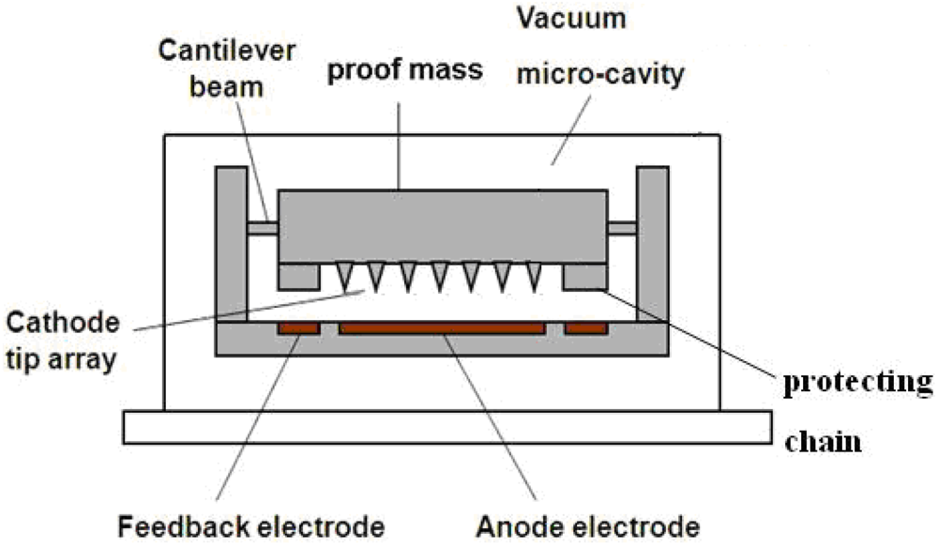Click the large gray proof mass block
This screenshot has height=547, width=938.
click(441, 225)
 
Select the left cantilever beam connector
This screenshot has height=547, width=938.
click(262, 228)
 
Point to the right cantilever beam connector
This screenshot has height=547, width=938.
click(621, 227)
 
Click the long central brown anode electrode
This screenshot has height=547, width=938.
click(442, 328)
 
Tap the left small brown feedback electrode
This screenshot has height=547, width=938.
click(299, 328)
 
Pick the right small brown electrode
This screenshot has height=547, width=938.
click(585, 328)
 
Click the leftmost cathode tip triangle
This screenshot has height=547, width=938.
click(344, 275)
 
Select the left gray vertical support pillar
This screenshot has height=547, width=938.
click(231, 244)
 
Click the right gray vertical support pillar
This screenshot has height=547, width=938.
click(652, 244)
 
